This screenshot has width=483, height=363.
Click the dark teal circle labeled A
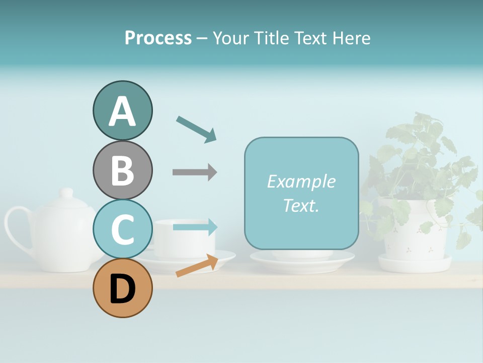coord(122,111)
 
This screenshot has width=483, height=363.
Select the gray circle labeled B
coord(122,170)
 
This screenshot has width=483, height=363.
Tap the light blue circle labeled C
coord(122,229)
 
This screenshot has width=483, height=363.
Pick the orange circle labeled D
coord(122,288)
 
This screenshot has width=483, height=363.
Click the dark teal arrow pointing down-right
coord(196,129)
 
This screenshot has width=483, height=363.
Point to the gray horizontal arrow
coord(194,172)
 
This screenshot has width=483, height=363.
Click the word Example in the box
coord(301,181)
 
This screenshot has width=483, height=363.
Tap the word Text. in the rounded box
coord(301,205)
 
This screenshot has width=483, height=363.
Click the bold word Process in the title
coord(158,38)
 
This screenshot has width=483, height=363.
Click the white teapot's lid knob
coord(66,193)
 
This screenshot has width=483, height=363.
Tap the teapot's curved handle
coord(15,227)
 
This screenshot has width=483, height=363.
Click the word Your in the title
coord(231,38)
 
